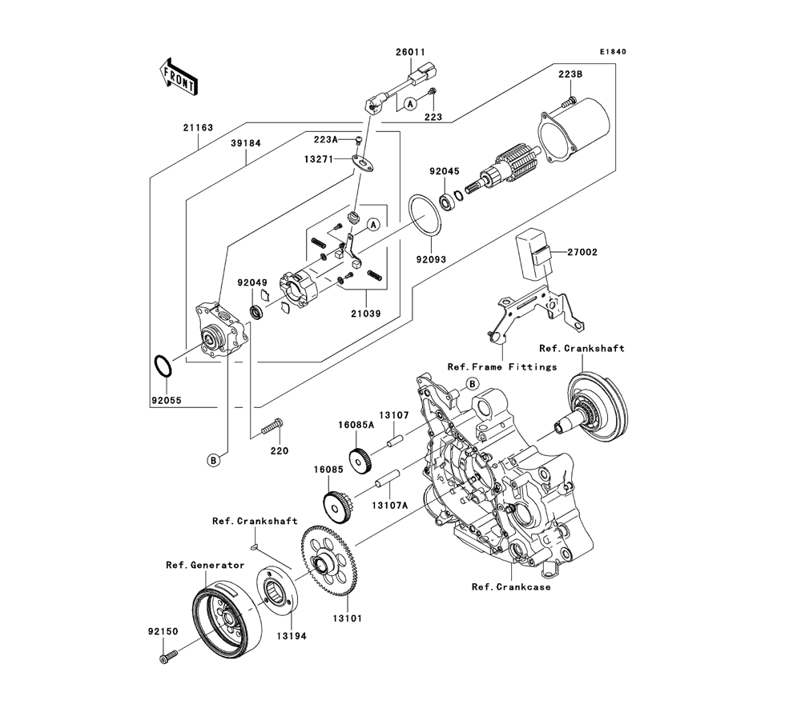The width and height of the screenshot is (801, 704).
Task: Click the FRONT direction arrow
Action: tap(179, 77)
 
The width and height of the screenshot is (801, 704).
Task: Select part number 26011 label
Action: tap(410, 52)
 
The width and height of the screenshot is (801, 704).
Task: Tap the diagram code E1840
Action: tap(613, 51)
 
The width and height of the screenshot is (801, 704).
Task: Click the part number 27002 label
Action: tap(582, 252)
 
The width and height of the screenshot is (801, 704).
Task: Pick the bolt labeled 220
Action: tap(272, 426)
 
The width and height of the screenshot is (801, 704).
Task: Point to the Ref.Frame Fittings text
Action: tap(502, 366)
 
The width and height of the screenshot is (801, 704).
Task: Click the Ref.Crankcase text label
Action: tap(511, 586)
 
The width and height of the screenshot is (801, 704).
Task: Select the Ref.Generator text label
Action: tap(205, 566)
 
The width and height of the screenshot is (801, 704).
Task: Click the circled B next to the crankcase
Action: tap(473, 384)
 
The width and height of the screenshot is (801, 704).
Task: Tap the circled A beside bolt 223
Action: tap(409, 104)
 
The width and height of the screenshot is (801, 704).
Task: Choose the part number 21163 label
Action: tap(198, 128)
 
